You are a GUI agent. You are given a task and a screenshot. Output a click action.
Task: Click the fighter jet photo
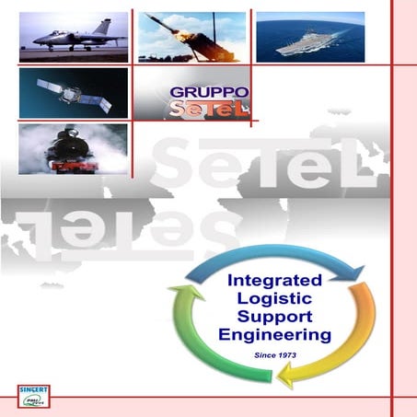pyautogui.click(x=73, y=38)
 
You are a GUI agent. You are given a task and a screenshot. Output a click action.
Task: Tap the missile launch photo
pyautogui.click(x=191, y=38)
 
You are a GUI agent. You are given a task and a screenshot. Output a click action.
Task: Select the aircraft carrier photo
pyautogui.click(x=309, y=38)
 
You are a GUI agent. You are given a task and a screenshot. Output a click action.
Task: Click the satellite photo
pyautogui.click(x=73, y=92)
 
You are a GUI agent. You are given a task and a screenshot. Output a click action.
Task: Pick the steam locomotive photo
pyautogui.click(x=73, y=149)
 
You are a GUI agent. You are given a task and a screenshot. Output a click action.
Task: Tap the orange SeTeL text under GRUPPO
pyautogui.click(x=198, y=110)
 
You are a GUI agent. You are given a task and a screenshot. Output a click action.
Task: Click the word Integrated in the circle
pyautogui.click(x=273, y=279)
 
